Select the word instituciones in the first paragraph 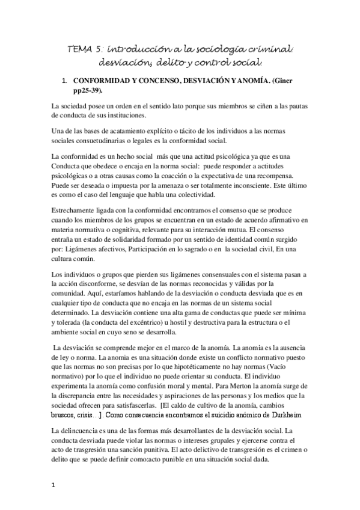[124, 116]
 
